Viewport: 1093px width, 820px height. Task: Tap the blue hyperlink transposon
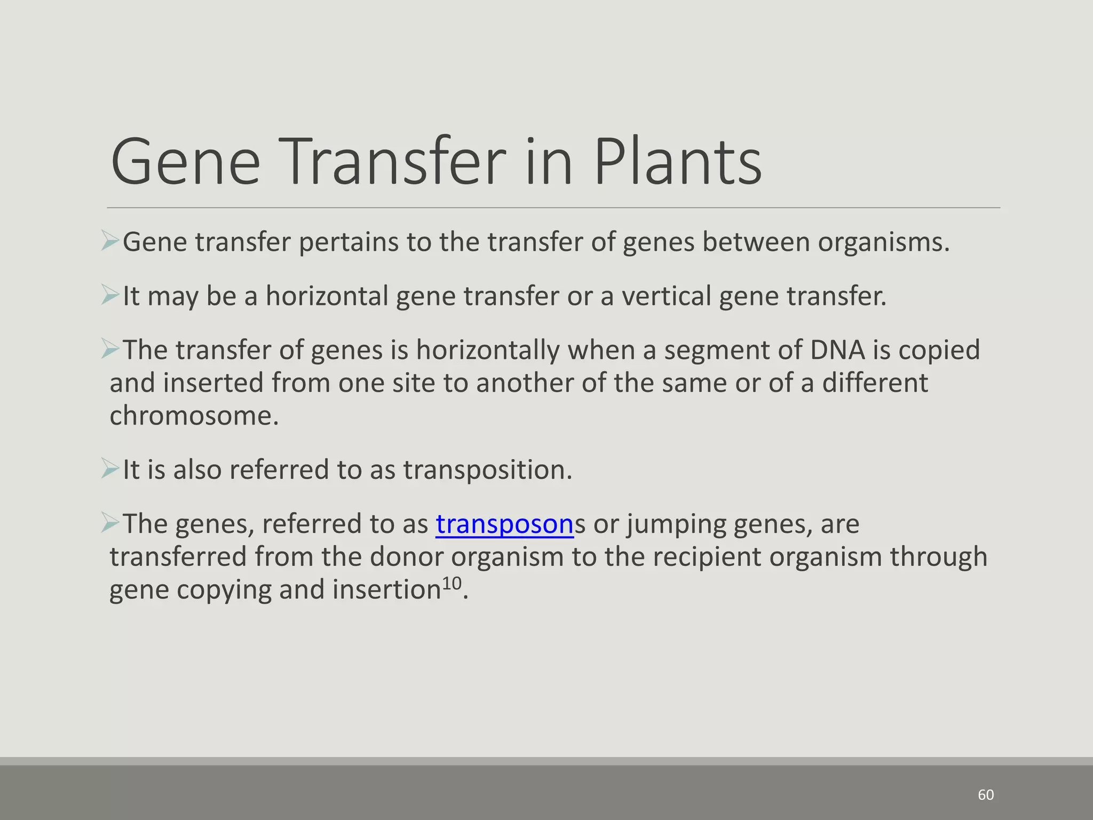click(x=504, y=524)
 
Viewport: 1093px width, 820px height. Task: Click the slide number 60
click(x=986, y=795)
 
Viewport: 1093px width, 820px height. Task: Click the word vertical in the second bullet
click(x=666, y=296)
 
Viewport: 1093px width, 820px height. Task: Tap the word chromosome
click(x=193, y=416)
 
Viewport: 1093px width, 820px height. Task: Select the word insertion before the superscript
click(x=386, y=590)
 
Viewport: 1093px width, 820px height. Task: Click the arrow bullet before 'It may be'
click(x=110, y=295)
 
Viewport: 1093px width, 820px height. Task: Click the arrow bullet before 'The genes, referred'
click(x=110, y=523)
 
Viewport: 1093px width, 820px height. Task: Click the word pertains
click(x=348, y=242)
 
